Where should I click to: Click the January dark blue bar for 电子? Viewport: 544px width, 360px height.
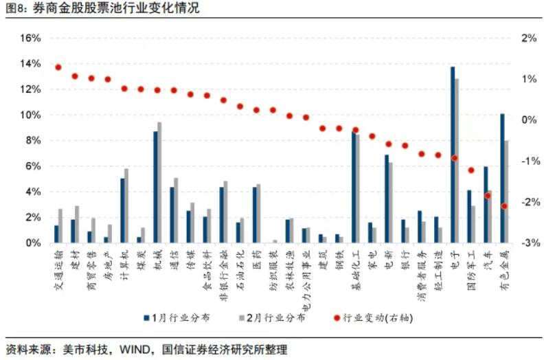pyautogui.click(x=453, y=155)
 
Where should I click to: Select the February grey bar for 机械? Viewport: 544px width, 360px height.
pyautogui.click(x=160, y=183)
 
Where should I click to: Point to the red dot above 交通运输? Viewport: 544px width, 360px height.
pyautogui.click(x=58, y=67)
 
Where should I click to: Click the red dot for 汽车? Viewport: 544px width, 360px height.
pyautogui.click(x=488, y=196)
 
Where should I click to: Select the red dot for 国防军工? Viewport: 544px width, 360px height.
pyautogui.click(x=471, y=170)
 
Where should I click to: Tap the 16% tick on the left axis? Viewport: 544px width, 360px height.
pyautogui.click(x=30, y=38)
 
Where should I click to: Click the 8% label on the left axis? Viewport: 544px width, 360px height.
pyautogui.click(x=33, y=141)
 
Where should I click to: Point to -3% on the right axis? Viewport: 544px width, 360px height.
pyautogui.click(x=527, y=243)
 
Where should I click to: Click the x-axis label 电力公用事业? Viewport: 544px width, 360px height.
pyautogui.click(x=305, y=275)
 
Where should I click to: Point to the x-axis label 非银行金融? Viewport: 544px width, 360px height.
pyautogui.click(x=223, y=270)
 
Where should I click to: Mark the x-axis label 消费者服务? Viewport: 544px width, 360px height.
pyautogui.click(x=420, y=270)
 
